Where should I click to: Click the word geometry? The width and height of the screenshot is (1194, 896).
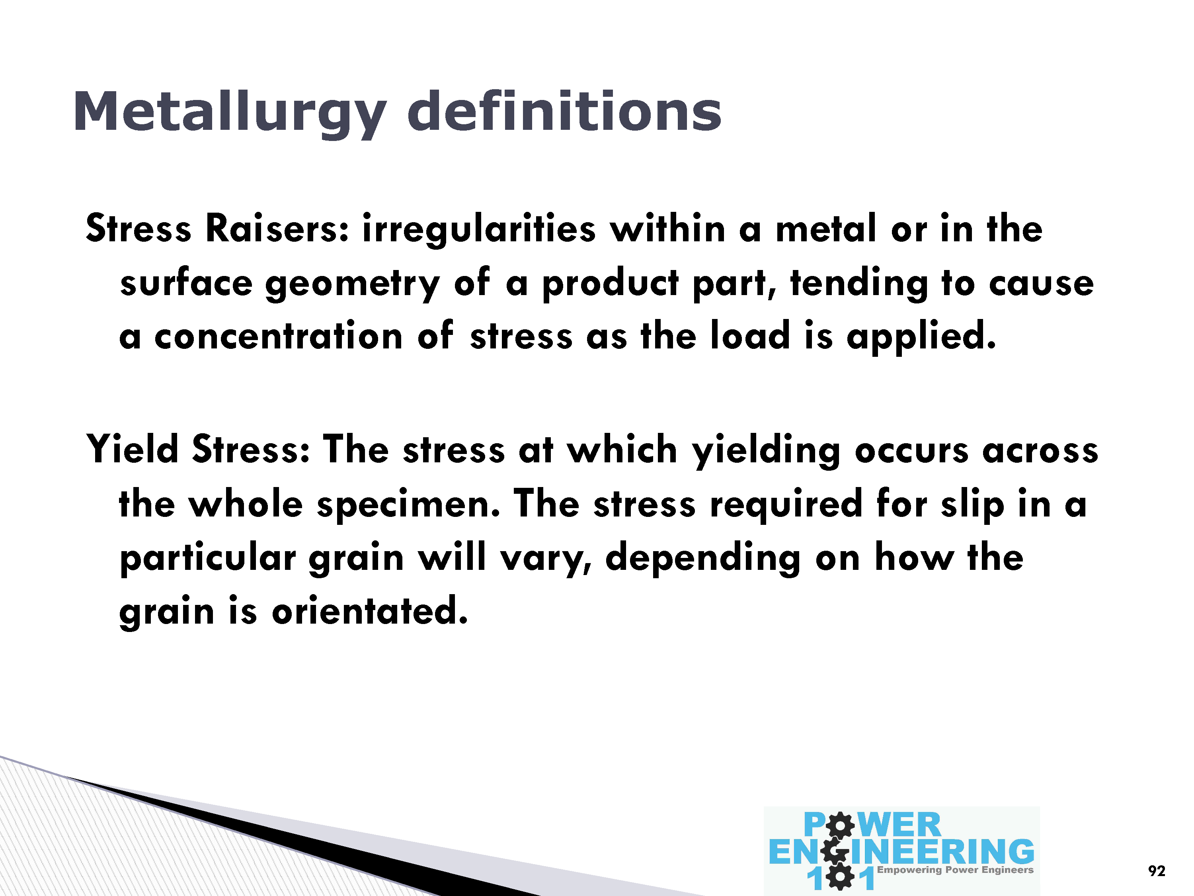point(353,285)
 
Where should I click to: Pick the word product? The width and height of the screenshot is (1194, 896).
point(610,284)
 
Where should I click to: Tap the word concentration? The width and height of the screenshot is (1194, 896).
point(279,336)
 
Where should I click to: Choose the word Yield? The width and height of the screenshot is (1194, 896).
point(132,449)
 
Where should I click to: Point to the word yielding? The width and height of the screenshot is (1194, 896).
point(766,451)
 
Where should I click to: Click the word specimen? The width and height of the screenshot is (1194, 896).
point(408,505)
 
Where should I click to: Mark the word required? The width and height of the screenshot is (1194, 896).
point(785,505)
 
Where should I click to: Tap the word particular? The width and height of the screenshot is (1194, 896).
point(208,559)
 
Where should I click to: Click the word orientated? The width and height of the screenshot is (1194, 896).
point(369,611)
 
